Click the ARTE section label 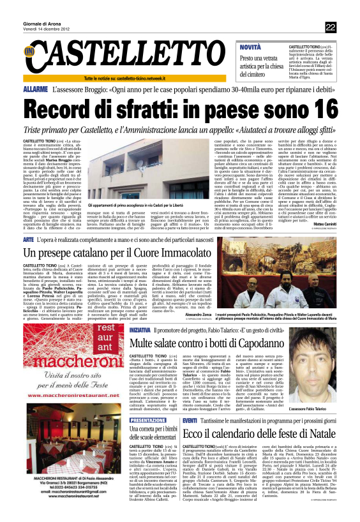pyautogui.click(x=29, y=256)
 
